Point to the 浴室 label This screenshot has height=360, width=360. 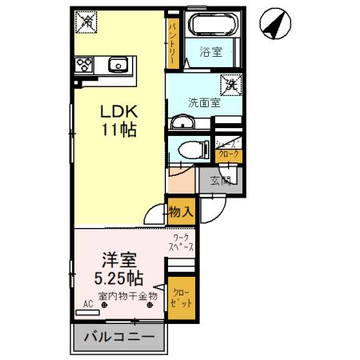click(210, 54)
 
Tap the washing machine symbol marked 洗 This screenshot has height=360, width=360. click(230, 83)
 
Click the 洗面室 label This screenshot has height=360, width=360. click(203, 102)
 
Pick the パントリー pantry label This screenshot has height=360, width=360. click(173, 42)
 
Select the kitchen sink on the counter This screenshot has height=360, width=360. click(119, 64)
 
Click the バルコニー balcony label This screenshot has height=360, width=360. click(119, 337)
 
